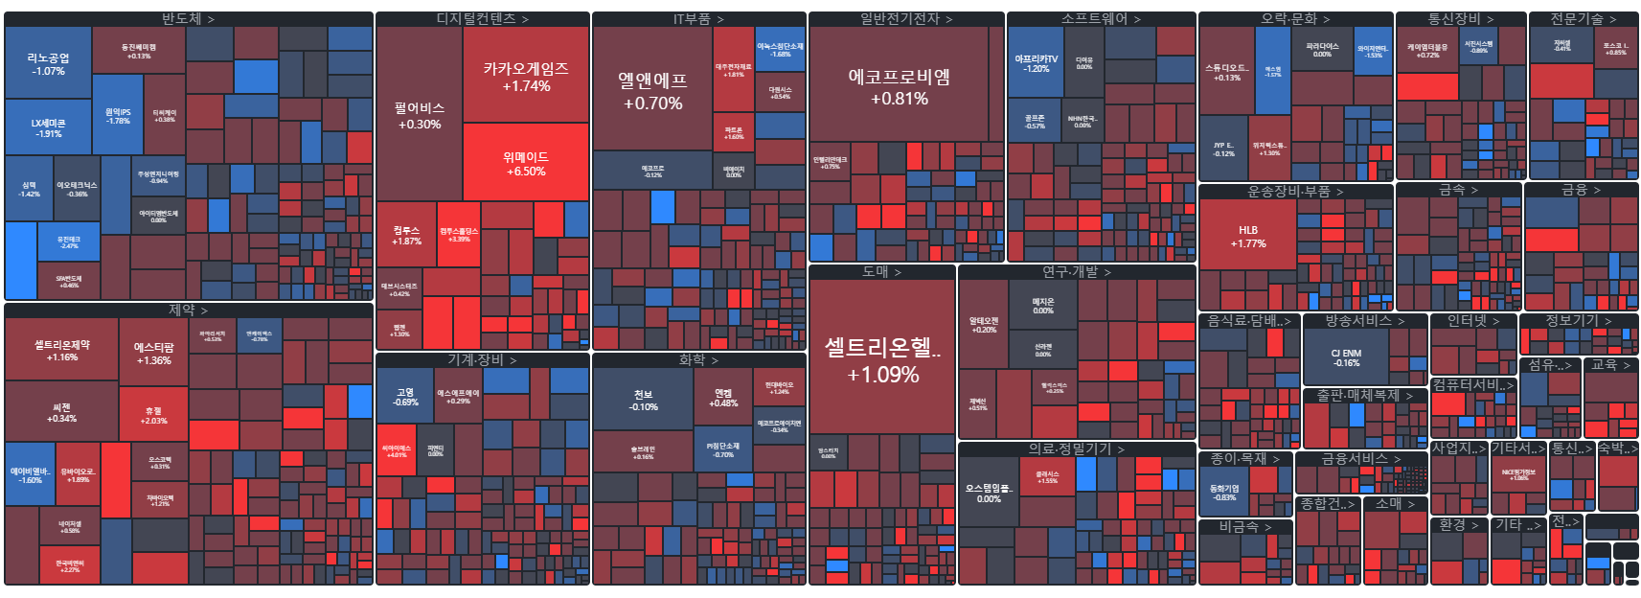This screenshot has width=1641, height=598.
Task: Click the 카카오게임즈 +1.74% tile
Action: coord(525,77)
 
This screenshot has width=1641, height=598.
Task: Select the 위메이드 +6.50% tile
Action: coord(525,163)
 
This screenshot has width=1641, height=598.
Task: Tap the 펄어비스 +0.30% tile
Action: coord(419,115)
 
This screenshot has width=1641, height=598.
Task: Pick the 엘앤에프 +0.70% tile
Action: coord(651,91)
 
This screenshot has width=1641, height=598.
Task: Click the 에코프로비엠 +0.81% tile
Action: coord(899,86)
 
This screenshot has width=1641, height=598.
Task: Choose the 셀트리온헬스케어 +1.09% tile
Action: coord(882,359)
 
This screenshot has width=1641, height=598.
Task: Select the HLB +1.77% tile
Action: coord(1247,236)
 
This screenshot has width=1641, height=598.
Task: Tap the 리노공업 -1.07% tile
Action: coord(48,63)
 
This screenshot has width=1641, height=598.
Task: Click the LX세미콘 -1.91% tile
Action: coord(48,127)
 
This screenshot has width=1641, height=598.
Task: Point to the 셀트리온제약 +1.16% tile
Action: coord(61,350)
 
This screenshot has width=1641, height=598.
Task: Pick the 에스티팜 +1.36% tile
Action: coord(153,354)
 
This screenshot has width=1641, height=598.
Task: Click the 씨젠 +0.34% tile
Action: coord(61,412)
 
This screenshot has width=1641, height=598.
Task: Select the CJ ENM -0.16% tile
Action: coord(1345,357)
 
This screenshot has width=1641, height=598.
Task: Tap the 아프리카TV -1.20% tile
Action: coord(1036,63)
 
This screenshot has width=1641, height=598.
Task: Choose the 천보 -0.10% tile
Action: coord(643,400)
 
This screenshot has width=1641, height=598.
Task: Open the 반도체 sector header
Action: coord(188,18)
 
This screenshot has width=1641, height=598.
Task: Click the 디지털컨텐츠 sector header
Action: coord(482,18)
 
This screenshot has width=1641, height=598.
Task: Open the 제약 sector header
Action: coord(188,310)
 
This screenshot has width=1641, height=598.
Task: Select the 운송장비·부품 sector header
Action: coord(1294,191)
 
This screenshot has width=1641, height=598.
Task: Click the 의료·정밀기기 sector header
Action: coord(1076,448)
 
